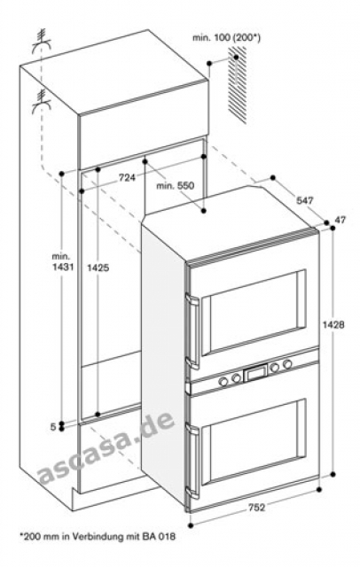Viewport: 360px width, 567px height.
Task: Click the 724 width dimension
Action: tap(126, 177)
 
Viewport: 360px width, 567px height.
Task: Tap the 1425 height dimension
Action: tap(98, 268)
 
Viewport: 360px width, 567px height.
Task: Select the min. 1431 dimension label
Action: tap(63, 262)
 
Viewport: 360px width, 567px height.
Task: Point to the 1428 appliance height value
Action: tap(333, 325)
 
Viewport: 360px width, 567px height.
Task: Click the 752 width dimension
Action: tap(256, 508)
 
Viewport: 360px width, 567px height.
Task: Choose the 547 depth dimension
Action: tap(304, 200)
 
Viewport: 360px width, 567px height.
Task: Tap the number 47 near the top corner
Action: tap(340, 220)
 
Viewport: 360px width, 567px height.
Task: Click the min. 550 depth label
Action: tap(175, 186)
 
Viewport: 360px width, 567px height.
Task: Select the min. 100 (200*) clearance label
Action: tap(226, 37)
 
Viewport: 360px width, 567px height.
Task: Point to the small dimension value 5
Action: tap(53, 427)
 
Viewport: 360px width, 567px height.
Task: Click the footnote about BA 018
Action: tap(98, 537)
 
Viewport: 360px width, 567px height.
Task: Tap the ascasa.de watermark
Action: tap(106, 447)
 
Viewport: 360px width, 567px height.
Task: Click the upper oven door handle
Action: tap(192, 330)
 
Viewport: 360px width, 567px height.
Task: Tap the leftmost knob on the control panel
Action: tap(223, 381)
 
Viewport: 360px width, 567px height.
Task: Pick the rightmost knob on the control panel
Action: tap(287, 364)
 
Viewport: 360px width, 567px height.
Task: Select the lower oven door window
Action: tap(253, 442)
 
